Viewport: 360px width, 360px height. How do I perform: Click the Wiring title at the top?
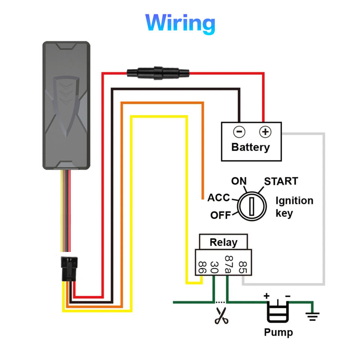pyautogui.click(x=180, y=23)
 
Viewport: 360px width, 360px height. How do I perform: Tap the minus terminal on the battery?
pyautogui.click(x=239, y=132)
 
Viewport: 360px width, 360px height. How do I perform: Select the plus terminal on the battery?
pyautogui.click(x=265, y=132)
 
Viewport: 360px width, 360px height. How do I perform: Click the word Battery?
pyautogui.click(x=250, y=147)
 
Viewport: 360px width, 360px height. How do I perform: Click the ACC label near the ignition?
pyautogui.click(x=219, y=198)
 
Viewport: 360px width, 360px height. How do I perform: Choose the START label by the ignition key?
pyautogui.click(x=281, y=181)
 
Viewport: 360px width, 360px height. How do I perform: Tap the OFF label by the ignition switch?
pyautogui.click(x=220, y=215)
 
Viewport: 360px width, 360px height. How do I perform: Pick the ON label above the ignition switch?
pyautogui.click(x=239, y=181)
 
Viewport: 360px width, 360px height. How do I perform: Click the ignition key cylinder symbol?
pyautogui.click(x=253, y=205)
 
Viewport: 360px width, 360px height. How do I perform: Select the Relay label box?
pyautogui.click(x=223, y=242)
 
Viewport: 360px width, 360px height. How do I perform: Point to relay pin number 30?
pyautogui.click(x=214, y=267)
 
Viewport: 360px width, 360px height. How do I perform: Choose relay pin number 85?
pyautogui.click(x=242, y=267)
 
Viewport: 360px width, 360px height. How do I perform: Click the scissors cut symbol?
pyautogui.click(x=222, y=316)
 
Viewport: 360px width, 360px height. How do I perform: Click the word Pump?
pyautogui.click(x=278, y=332)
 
